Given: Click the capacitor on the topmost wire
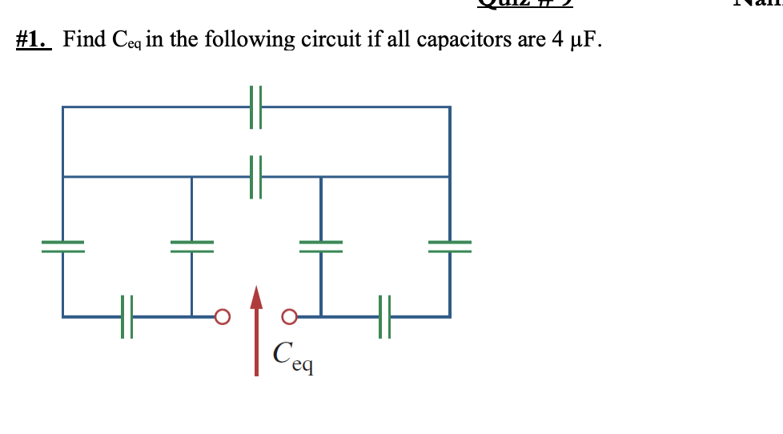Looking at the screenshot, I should point(256,106).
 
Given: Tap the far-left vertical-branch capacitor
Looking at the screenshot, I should point(63,243).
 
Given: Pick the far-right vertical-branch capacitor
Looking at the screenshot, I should point(449,243).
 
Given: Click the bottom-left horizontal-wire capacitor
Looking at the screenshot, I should point(126,316).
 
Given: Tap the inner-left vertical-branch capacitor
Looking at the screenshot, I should point(191,243).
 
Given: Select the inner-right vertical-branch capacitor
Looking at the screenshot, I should point(321,243).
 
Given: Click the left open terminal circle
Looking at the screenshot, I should point(222,316).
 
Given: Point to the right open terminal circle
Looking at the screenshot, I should point(291,316).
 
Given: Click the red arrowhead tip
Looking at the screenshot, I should point(256,290).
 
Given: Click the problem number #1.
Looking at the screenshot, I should point(34,39).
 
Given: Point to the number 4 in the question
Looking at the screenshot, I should point(558,39).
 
